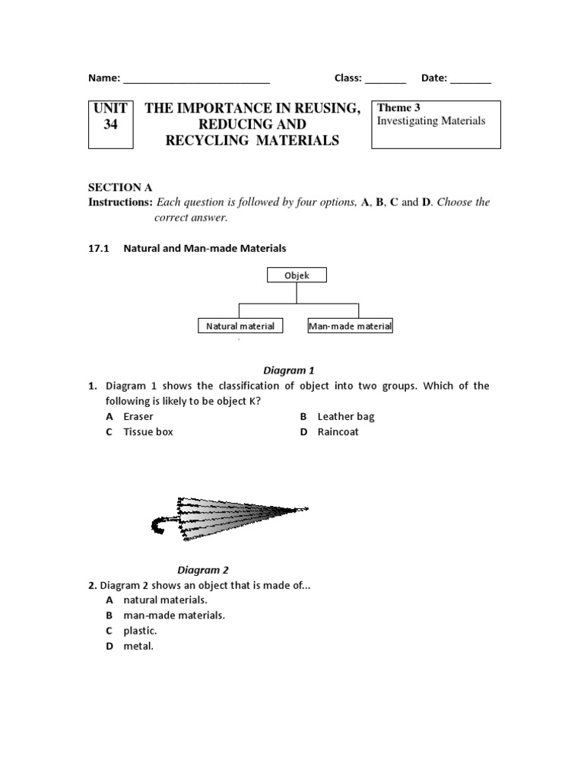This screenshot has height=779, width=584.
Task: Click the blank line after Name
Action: tap(196, 79)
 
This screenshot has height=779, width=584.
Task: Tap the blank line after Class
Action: tap(386, 79)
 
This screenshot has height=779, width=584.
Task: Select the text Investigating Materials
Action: tap(430, 122)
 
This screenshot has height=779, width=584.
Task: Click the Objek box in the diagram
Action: tap(297, 275)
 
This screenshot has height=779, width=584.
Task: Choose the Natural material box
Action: tap(240, 326)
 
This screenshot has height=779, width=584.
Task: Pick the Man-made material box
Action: tap(350, 326)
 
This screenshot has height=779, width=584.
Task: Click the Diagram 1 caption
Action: tap(288, 370)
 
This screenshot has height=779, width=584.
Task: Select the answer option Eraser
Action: tap(138, 417)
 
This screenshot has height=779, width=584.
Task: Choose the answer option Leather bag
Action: tap(345, 417)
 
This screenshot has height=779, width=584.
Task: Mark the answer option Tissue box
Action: tap(148, 432)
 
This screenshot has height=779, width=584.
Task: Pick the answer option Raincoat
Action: tap(338, 432)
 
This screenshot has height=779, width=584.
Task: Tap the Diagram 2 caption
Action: tap(203, 570)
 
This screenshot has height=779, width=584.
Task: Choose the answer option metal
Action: tap(138, 646)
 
